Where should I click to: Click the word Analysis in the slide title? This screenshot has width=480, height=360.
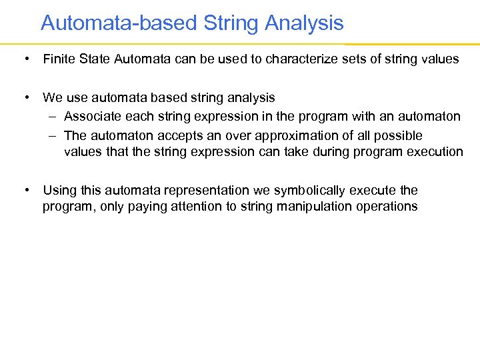304,23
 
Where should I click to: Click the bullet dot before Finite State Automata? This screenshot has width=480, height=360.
25,59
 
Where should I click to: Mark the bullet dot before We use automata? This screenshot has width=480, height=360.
25,98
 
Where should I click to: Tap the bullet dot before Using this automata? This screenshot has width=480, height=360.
25,191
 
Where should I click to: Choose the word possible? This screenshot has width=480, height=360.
399,135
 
